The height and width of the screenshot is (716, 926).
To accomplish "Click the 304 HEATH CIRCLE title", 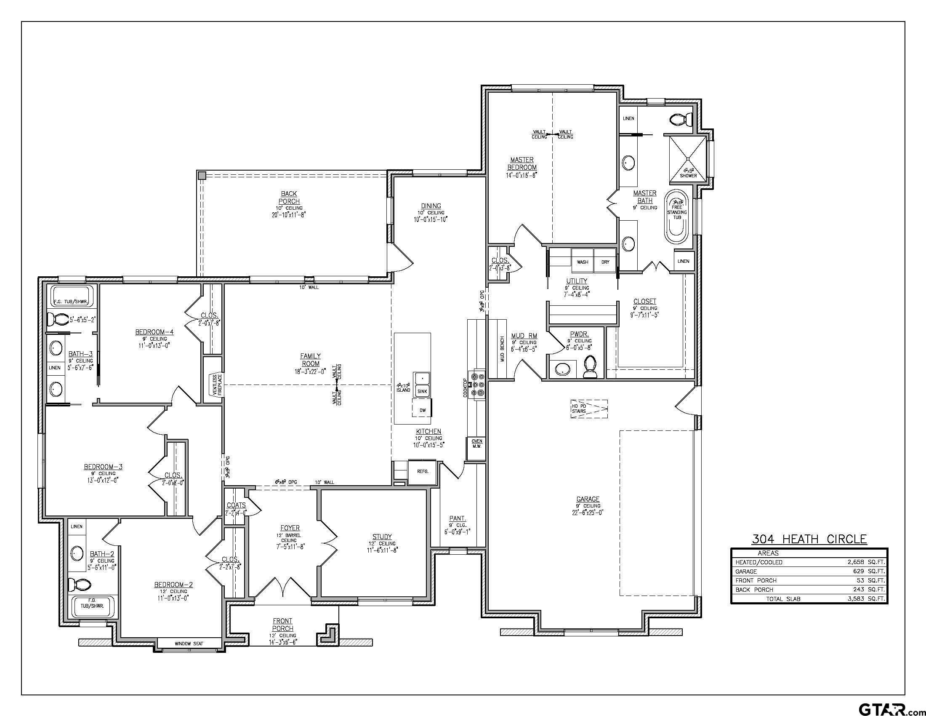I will point(809,539).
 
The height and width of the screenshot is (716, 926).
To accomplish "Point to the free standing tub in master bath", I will point(677,217).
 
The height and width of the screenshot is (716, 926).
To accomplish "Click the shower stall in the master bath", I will point(688,160).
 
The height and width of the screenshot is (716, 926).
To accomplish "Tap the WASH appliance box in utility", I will point(582,262).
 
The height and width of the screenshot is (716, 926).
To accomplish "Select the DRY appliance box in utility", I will point(605,262).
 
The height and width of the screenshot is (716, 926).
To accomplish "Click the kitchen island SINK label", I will point(422,392).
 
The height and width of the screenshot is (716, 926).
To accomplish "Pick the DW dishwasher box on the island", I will point(422,410).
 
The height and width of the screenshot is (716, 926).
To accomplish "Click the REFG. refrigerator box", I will point(422,471).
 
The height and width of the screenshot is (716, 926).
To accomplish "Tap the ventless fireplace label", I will point(216,385).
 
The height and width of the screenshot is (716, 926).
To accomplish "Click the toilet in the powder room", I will point(590,366).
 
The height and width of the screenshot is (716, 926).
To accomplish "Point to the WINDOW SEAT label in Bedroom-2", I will point(189,644).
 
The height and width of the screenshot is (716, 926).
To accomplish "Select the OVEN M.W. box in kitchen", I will point(476,443).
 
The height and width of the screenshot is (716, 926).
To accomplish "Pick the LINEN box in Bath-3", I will point(54,368).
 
